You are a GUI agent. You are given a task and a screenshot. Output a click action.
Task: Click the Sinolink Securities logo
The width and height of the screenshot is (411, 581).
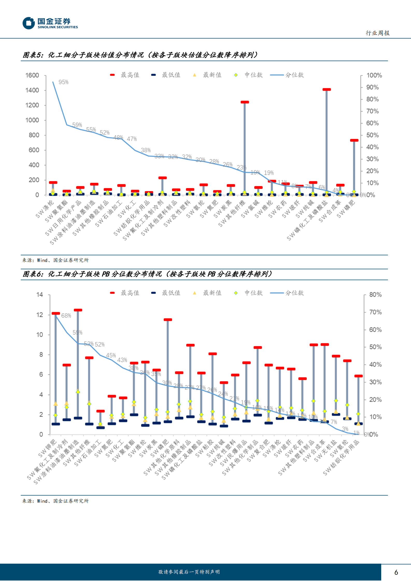[x=50, y=23]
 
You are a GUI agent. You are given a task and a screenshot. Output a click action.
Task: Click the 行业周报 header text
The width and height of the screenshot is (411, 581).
[x=378, y=33]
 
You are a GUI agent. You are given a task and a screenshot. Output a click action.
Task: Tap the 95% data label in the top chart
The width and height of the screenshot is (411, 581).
[x=63, y=82]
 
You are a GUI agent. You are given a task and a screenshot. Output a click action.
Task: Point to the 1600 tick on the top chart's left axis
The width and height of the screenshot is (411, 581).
[x=32, y=75]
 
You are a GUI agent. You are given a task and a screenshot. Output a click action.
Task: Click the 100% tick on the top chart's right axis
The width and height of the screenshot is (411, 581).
[x=374, y=75]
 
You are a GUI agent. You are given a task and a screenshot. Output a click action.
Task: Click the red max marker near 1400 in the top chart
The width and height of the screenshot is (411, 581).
[x=327, y=90]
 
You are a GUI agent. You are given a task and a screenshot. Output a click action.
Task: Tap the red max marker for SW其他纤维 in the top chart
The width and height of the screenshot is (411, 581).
[x=245, y=102]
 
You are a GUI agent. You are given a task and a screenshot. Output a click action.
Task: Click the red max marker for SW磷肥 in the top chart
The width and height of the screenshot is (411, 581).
[x=354, y=140]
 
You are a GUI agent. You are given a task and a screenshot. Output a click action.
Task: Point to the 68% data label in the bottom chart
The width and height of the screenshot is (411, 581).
[x=66, y=316]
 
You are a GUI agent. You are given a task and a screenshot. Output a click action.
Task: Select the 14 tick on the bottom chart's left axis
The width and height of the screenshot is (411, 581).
[x=39, y=295]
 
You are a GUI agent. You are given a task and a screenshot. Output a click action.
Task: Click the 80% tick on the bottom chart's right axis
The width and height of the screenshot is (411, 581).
[x=375, y=295]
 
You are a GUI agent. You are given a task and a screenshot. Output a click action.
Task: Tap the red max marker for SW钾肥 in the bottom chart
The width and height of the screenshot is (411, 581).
[x=56, y=314]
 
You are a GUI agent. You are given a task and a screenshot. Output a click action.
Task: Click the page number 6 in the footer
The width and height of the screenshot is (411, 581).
[x=396, y=572]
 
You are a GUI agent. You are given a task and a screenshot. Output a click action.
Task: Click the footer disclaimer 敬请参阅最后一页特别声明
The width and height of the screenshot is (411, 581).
[x=189, y=572]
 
